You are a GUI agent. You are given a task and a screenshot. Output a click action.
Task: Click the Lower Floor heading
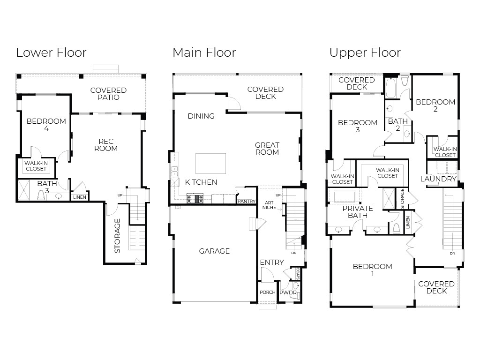(51, 52)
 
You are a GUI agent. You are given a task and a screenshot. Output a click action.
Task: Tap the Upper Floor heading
(365, 53)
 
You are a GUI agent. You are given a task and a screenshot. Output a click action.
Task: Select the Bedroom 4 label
(46, 125)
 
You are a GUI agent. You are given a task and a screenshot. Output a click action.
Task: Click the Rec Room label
(106, 145)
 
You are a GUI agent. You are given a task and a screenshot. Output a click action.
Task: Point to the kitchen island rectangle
(210, 164)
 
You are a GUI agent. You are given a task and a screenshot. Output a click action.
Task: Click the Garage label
(214, 251)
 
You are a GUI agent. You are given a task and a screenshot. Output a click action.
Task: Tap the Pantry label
(247, 201)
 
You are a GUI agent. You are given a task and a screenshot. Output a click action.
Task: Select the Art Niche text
(269, 205)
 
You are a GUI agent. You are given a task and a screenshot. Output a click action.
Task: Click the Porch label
(268, 292)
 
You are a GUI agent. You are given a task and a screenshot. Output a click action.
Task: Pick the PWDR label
(288, 292)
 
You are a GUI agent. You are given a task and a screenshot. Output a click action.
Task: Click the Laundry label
(438, 179)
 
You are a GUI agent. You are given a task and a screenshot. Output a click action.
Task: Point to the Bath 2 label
(397, 125)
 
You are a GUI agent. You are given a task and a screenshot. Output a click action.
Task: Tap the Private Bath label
(358, 212)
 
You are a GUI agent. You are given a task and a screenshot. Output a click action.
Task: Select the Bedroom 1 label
(373, 270)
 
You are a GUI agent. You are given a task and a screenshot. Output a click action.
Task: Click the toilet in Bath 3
(41, 195)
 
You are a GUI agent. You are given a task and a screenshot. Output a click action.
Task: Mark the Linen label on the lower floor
(80, 197)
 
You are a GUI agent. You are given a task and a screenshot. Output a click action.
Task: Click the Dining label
(201, 116)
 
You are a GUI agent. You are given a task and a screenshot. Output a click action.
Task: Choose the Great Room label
(267, 149)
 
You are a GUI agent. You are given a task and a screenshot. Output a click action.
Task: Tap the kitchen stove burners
(195, 198)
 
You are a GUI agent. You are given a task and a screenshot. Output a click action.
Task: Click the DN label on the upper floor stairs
(452, 253)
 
